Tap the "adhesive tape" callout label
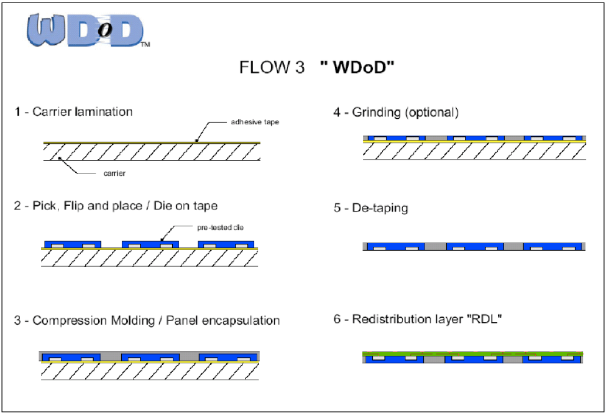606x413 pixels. tap(255, 122)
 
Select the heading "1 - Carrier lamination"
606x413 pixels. tap(74, 112)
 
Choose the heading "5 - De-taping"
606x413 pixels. tap(371, 208)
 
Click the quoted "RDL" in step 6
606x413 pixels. tap(489, 320)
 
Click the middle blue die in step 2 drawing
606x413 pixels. tap(150, 243)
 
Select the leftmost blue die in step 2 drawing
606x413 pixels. tap(73, 243)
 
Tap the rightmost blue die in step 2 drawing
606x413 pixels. tap(226, 243)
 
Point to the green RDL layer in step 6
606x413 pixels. tap(472, 354)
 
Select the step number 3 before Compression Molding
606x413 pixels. tap(17, 321)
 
